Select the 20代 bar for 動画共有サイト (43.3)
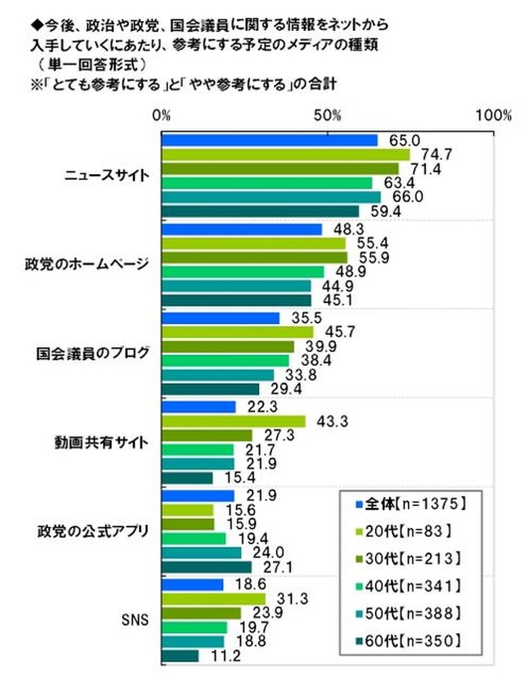(x=233, y=421)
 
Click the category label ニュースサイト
(x=107, y=176)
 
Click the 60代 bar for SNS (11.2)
(x=180, y=656)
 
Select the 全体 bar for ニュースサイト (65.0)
(x=269, y=140)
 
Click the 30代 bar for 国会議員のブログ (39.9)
(x=227, y=347)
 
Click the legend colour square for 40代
(x=358, y=585)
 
